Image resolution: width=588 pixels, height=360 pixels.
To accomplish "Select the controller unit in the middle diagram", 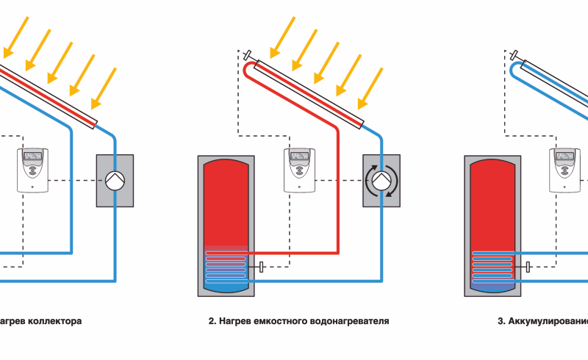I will pyautogui.click(x=301, y=170).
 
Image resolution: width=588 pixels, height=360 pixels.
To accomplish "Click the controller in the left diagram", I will pyautogui.click(x=33, y=170).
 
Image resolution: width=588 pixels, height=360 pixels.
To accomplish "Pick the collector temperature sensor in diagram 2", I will pyautogui.click(x=248, y=54).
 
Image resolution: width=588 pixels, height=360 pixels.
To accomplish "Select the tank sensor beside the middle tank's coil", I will pyautogui.click(x=261, y=267).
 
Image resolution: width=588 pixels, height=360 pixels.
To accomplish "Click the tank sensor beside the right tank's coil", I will pyautogui.click(x=528, y=267).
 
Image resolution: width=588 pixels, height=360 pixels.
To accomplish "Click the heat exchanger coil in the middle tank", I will pyautogui.click(x=226, y=267).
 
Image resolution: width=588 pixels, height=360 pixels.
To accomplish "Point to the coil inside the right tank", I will pyautogui.click(x=492, y=267).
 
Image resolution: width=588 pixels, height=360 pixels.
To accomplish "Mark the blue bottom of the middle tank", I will pyautogui.click(x=226, y=287).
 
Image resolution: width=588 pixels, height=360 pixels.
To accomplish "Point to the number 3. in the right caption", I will pyautogui.click(x=501, y=321).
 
